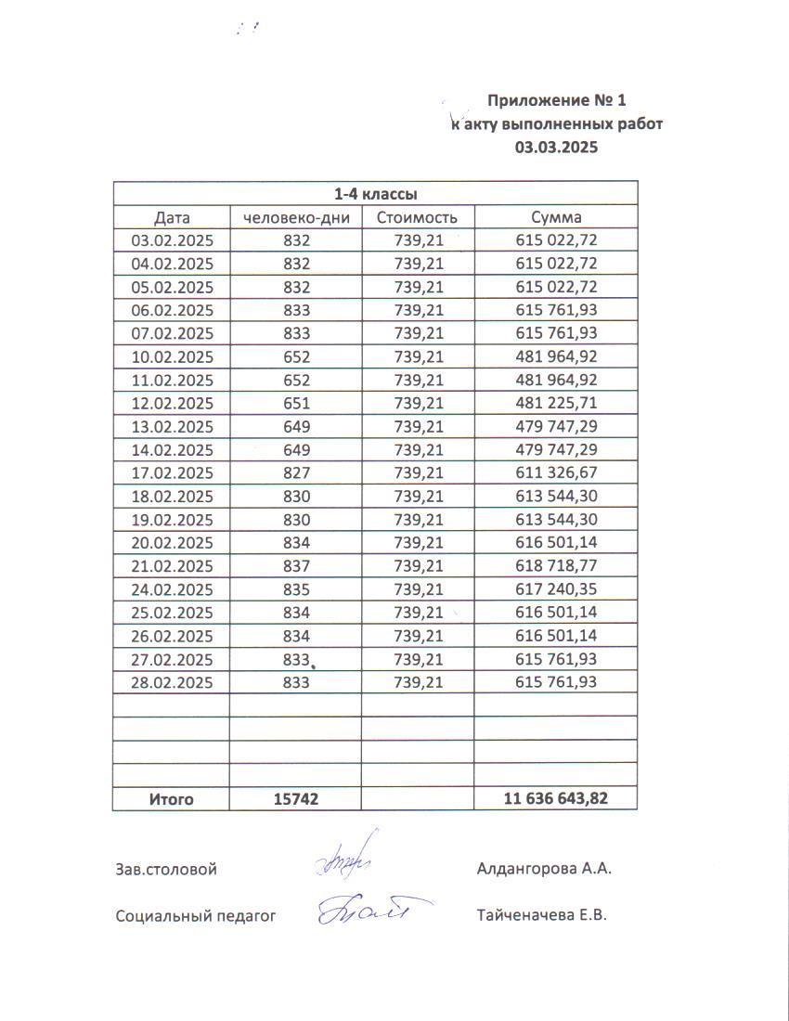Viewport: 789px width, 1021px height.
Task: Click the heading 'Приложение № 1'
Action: [563, 100]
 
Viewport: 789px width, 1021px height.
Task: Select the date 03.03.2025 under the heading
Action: [556, 148]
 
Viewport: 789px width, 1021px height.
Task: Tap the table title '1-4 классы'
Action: [375, 194]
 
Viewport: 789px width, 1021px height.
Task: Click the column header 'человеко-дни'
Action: [295, 218]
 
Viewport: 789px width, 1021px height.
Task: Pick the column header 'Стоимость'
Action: [417, 218]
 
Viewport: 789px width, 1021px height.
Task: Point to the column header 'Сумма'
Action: [556, 218]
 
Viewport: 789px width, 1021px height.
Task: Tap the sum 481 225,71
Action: [556, 404]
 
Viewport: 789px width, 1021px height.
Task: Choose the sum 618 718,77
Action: [556, 566]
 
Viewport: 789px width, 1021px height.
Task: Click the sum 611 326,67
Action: [556, 473]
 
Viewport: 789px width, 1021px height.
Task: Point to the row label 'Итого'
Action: [172, 799]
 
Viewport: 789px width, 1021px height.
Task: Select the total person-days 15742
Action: [296, 799]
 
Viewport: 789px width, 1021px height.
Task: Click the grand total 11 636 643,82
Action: [556, 799]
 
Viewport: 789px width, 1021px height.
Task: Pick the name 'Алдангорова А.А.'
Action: [544, 870]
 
